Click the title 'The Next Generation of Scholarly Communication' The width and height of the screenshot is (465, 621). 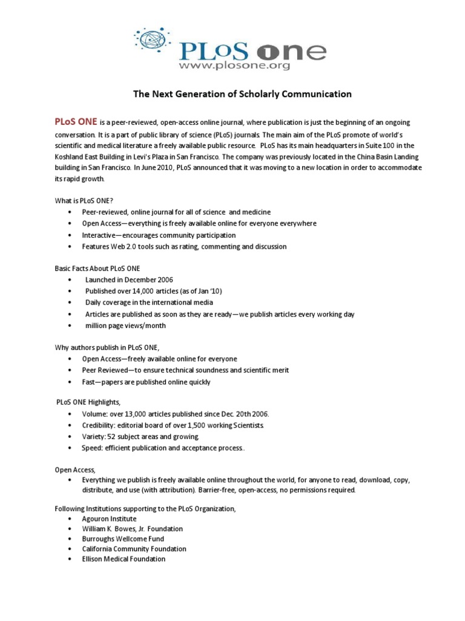point(242,94)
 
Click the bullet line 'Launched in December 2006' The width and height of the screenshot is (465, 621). point(129,280)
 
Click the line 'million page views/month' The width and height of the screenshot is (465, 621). point(125,326)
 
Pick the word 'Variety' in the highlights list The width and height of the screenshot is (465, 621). point(94,437)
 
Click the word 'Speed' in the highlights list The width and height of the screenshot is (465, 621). point(92,448)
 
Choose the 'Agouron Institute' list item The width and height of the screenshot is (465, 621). point(110,519)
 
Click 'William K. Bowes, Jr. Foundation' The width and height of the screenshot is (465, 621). point(133,529)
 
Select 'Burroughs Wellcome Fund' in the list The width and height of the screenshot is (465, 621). point(123,539)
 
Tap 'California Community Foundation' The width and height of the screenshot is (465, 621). point(134,549)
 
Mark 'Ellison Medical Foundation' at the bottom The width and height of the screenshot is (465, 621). point(124,559)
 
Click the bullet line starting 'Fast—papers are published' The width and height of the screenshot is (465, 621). point(147,382)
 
